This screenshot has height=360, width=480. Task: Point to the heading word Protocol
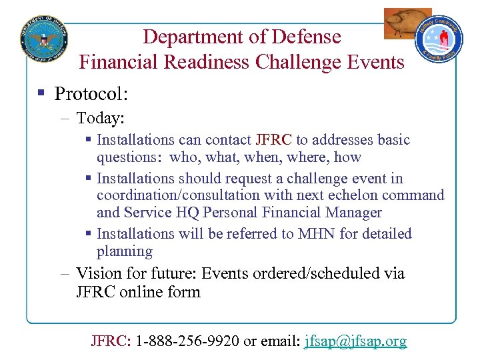[x=91, y=93]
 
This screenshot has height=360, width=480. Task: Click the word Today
[x=101, y=118]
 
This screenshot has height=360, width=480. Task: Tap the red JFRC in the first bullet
[x=273, y=140]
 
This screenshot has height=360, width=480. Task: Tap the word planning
[x=125, y=251]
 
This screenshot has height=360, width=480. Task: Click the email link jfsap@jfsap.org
[x=355, y=341]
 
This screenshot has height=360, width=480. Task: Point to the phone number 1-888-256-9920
[x=187, y=341]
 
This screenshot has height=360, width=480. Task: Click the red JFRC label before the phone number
[x=110, y=341]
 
